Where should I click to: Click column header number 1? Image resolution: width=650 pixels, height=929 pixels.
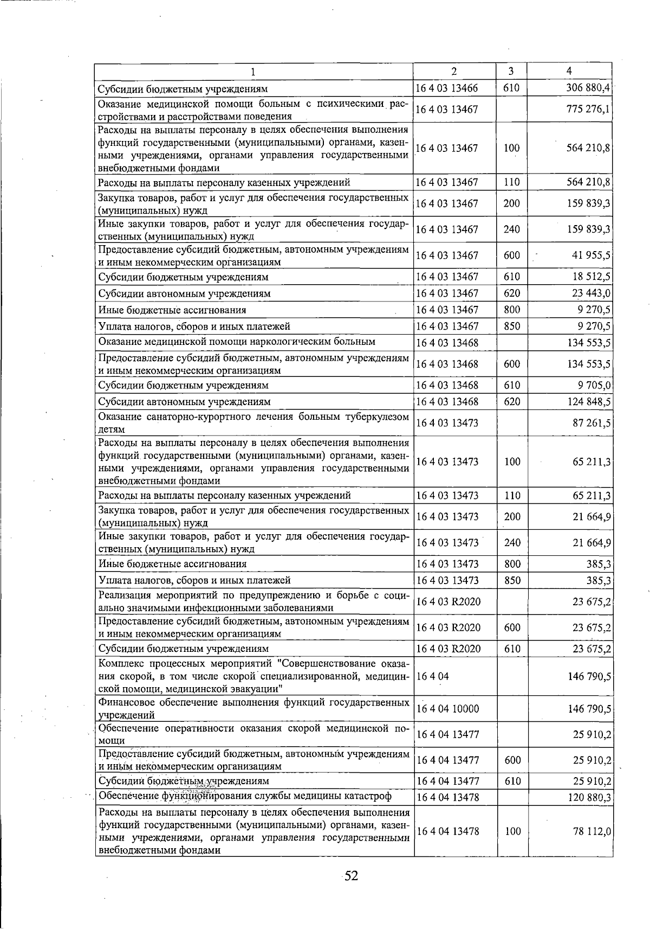253,72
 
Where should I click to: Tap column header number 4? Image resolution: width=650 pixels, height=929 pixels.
569,71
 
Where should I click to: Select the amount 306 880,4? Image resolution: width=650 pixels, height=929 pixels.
588,88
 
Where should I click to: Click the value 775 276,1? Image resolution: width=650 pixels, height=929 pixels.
588,109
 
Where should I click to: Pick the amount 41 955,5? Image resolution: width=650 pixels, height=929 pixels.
591,255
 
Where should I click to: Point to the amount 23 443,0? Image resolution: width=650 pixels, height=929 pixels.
591,293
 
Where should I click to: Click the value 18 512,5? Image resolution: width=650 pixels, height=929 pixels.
591,277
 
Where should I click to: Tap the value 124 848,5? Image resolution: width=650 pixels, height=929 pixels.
589,402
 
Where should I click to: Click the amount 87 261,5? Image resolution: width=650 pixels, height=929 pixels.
591,422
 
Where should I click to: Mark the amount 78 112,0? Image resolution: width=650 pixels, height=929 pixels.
592,831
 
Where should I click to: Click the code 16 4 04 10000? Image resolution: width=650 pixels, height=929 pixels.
447,708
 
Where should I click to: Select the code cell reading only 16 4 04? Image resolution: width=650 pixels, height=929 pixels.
432,676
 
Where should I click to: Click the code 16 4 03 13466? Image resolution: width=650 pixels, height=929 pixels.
447,88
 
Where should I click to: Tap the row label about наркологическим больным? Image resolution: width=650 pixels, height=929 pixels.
237,342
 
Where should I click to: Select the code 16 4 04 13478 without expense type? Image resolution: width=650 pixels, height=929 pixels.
447,797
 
